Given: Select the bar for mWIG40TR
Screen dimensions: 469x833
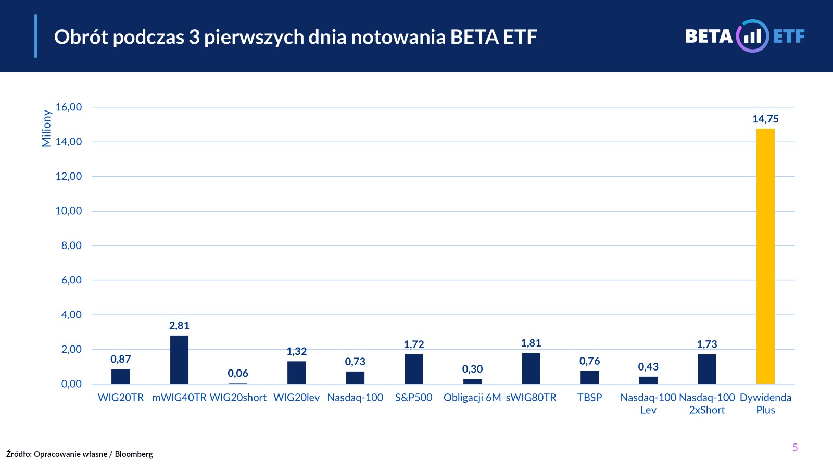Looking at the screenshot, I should tap(179, 360).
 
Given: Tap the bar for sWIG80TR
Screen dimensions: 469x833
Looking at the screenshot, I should tap(531, 368).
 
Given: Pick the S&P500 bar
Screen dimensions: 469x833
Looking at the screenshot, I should tap(414, 369).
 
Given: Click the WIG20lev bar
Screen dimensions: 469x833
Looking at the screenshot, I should tap(297, 373).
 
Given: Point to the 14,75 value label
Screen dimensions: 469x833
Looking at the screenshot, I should tap(765, 119).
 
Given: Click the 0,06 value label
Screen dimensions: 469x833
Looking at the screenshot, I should tap(238, 373).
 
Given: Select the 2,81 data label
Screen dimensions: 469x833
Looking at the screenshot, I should tap(179, 326).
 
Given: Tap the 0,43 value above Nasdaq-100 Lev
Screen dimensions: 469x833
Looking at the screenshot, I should tap(648, 367).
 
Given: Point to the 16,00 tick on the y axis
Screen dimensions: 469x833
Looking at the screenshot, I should tap(69, 107).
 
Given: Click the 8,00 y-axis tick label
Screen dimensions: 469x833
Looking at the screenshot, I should tap(71, 245).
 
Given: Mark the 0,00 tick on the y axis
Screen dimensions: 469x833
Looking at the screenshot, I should tap(71, 384).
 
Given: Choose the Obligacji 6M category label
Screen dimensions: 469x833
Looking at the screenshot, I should tap(472, 398).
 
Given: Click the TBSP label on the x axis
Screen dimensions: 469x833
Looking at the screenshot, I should tap(589, 398).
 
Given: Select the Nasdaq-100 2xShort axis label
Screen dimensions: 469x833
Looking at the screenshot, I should tap(707, 404).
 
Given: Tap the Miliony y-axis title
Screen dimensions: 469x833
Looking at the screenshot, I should tap(46, 128).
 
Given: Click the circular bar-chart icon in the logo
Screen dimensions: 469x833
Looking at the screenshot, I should tap(752, 36).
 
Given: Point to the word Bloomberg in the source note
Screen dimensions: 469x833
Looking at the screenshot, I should tap(134, 454).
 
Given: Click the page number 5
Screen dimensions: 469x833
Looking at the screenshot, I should tap(795, 447).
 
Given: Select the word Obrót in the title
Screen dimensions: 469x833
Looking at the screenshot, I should tap(81, 37).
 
